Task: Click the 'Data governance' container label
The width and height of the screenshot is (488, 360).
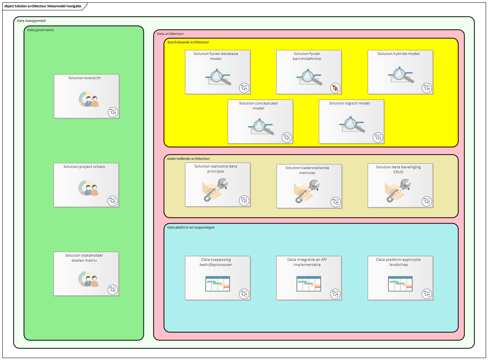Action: [40, 30]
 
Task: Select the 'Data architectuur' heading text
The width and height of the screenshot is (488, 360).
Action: [170, 34]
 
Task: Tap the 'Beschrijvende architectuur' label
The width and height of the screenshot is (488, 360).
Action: [188, 42]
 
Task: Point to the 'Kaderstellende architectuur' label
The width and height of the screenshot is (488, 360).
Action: [188, 159]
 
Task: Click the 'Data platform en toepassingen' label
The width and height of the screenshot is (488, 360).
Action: [191, 227]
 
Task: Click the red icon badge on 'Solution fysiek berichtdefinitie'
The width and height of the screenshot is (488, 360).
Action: [335, 88]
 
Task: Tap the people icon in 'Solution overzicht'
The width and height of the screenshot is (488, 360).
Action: [89, 100]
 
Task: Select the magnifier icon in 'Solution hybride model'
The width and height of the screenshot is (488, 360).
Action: [401, 75]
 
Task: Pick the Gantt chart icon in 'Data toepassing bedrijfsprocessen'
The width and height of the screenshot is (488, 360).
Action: [217, 284]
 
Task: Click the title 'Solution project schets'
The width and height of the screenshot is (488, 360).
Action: [84, 167]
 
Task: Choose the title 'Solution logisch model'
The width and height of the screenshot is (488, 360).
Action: [349, 103]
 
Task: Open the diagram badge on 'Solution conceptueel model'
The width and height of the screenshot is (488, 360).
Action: [286, 138]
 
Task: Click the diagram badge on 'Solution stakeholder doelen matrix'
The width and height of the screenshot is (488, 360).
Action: [112, 289]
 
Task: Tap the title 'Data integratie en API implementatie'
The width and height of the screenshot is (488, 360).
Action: [307, 262]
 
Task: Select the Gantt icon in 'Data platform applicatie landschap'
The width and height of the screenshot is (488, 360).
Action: [400, 284]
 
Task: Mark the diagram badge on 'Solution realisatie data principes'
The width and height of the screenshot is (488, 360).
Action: [244, 200]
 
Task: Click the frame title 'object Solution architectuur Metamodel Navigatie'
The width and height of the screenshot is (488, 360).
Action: [43, 6]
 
